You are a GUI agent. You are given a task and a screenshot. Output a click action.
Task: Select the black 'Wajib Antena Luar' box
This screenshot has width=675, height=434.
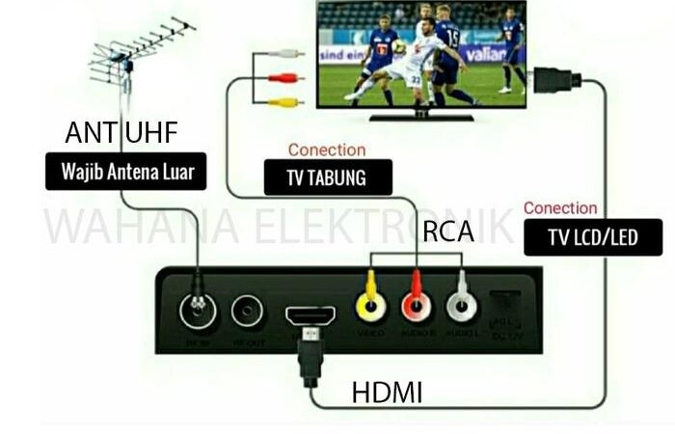126,174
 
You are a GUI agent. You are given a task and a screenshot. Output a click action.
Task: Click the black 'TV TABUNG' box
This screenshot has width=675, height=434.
328,178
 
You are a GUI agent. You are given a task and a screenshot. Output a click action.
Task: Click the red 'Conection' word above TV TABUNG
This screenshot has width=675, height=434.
327,150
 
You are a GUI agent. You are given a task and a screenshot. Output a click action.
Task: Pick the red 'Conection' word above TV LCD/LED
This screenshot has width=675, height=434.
560,208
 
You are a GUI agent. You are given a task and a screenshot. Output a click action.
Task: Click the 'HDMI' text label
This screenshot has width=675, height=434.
387,393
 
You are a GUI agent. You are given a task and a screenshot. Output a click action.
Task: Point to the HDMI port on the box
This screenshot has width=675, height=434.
310,315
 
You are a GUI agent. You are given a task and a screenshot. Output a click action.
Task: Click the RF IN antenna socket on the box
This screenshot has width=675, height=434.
200,311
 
